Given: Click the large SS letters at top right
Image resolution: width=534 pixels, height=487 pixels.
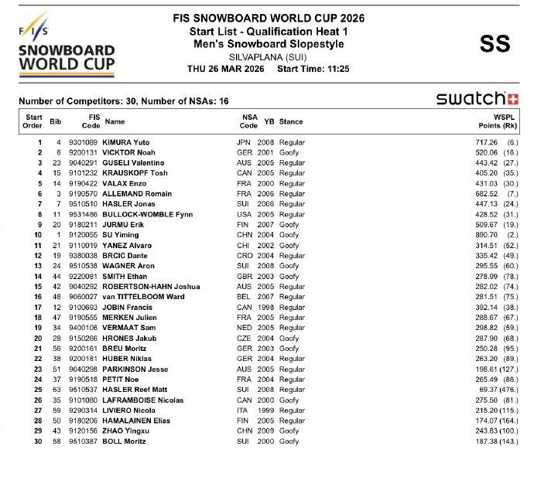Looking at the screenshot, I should click(495, 44).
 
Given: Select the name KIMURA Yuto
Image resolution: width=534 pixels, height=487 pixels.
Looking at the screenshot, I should click(128, 143).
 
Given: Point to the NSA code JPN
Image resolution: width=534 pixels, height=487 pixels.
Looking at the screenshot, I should click(245, 143).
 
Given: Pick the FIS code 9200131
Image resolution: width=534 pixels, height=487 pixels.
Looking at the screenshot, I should click(84, 153).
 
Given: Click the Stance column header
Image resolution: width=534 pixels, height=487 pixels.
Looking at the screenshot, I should click(291, 122).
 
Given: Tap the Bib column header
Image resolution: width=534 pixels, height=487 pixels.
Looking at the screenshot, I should click(55, 122).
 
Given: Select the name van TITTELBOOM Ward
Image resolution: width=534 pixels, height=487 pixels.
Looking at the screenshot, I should click(145, 295).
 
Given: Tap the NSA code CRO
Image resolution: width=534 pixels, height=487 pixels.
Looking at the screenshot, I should click(245, 254).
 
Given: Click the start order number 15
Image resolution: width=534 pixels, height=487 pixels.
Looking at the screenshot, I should click(37, 285).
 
